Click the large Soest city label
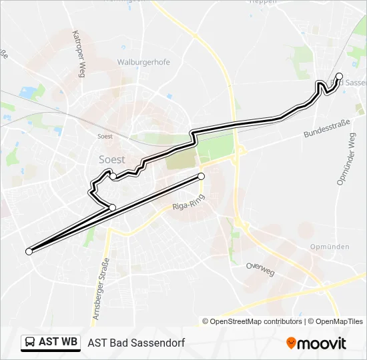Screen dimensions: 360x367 112,159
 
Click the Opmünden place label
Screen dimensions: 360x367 330,247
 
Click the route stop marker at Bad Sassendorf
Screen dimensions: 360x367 339,76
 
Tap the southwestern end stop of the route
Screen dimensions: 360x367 29,251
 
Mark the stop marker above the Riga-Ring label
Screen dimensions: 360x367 201,176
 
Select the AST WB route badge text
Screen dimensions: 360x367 58,343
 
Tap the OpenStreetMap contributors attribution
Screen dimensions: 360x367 252,321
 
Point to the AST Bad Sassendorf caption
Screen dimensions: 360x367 135,343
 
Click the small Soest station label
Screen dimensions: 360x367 104,135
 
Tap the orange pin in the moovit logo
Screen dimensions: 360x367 292,343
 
